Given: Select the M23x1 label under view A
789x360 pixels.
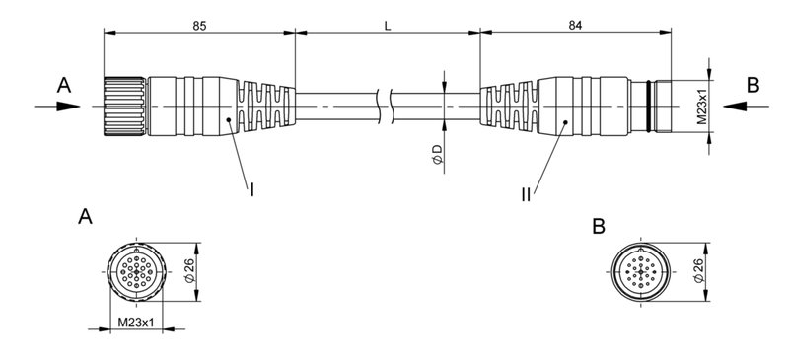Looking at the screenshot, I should (x=133, y=322).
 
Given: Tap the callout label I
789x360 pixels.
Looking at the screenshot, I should (x=252, y=188).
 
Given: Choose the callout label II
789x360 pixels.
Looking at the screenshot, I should (x=527, y=194).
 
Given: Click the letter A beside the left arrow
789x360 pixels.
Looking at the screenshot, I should (x=64, y=86).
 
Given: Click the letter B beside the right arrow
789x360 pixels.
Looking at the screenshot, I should (x=753, y=86).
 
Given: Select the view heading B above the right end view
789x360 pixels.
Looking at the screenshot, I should (x=600, y=227).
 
